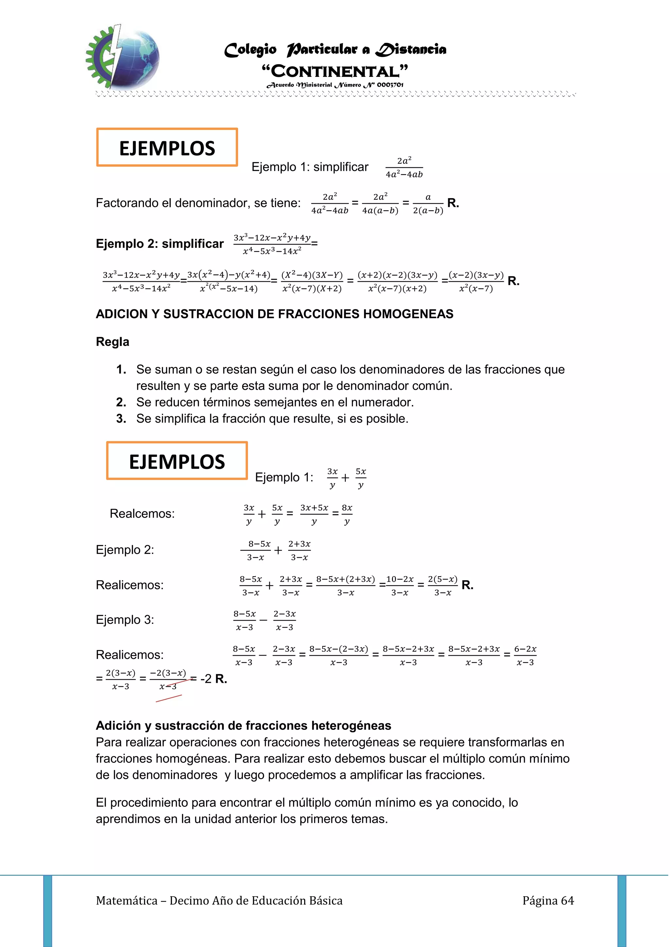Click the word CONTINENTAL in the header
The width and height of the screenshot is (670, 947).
pos(335,71)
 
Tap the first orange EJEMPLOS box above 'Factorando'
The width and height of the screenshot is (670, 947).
pos(167,148)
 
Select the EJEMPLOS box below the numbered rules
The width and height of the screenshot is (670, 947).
pos(177,461)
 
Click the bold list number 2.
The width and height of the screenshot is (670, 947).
pos(121,402)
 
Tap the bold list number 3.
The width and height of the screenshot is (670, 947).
pos(121,418)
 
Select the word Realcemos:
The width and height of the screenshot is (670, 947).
pos(142,513)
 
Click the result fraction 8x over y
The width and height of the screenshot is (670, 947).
pos(347,514)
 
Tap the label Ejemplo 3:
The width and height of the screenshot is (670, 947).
pos(125,620)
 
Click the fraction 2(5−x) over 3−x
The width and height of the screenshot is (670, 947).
pos(443,585)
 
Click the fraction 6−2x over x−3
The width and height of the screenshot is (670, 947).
pos(525,655)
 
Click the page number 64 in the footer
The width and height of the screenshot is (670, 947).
pos(567,900)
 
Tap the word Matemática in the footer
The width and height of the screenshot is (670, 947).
pos(127,900)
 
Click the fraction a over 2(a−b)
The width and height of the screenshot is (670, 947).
pos(428,203)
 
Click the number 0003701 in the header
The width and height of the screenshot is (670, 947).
pos(390,85)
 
